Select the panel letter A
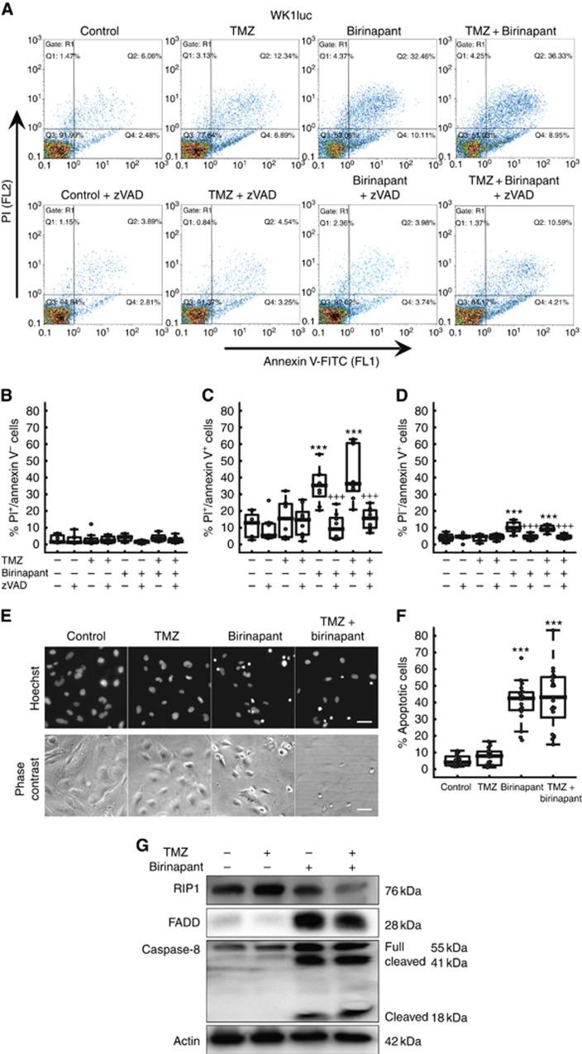(8, 9)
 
